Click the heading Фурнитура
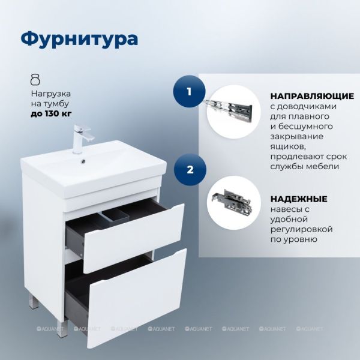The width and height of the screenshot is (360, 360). (79, 39)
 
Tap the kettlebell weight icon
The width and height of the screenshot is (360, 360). (35, 80)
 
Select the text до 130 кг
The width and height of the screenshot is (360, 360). (51, 113)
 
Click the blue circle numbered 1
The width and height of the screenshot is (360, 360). (190, 92)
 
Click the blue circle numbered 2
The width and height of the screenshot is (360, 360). (190, 170)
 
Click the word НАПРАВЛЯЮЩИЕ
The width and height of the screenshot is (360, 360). (312, 96)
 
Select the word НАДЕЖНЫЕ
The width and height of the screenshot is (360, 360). (299, 199)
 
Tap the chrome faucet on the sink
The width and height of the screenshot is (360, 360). (82, 139)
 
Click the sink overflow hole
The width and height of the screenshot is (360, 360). (83, 161)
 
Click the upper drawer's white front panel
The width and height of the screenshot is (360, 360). (134, 238)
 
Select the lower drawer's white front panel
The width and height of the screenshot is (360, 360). (137, 298)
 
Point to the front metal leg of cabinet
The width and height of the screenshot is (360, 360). (62, 329)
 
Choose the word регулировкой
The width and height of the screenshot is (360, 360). (301, 229)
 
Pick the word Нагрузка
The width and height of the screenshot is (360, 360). (51, 94)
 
